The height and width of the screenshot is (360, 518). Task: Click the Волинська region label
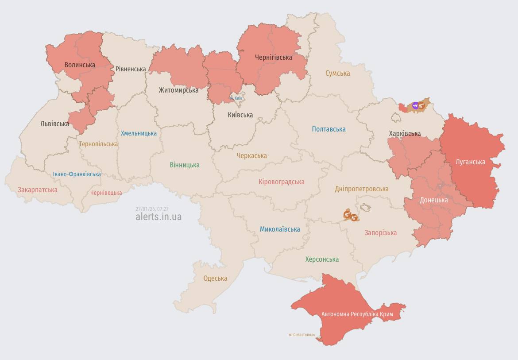pos(80,65)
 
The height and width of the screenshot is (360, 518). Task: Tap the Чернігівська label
pos(273,58)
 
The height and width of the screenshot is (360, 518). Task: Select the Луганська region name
pos(470,162)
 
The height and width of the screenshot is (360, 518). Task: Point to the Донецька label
pos(433,200)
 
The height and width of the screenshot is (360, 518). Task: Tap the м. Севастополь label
pos(302,335)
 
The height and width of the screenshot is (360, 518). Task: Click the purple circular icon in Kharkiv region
pos(415,105)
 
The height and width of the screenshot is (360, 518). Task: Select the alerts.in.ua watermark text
pos(158,217)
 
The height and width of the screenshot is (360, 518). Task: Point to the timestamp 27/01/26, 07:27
pos(152,209)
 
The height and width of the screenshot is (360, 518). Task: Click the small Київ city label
pos(237,98)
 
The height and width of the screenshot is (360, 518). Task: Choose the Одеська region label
pos(215,279)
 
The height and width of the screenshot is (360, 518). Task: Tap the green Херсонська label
pos(322,259)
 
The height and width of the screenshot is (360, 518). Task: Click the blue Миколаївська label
pos(280,229)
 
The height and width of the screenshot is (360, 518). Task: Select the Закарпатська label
pos(38,190)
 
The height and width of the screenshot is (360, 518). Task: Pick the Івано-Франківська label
pos(77,174)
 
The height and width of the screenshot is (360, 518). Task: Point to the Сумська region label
pos(337,74)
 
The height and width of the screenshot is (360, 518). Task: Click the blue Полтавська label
pos(329,129)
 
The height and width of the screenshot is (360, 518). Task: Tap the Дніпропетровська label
pos(361,189)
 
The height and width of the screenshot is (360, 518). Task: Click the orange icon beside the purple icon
pos(421,106)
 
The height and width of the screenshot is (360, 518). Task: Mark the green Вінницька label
pos(185,165)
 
